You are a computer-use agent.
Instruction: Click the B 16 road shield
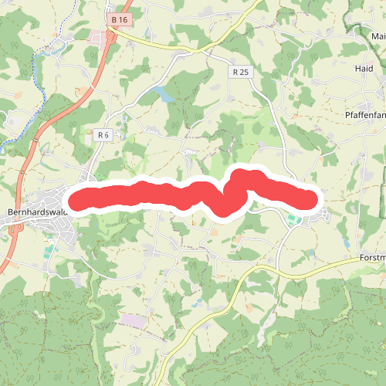[x=118, y=19]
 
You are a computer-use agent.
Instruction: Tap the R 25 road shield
[x=240, y=72]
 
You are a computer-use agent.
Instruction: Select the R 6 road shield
[x=103, y=134]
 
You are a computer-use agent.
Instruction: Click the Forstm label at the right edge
[x=372, y=257]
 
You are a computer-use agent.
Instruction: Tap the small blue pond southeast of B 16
[x=163, y=94]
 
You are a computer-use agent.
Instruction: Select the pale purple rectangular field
[x=132, y=320]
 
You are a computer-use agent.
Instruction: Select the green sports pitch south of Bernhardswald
[x=49, y=252]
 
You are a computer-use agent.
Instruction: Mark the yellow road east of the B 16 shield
[x=170, y=46]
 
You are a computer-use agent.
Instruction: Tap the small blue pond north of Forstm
[x=311, y=252]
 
